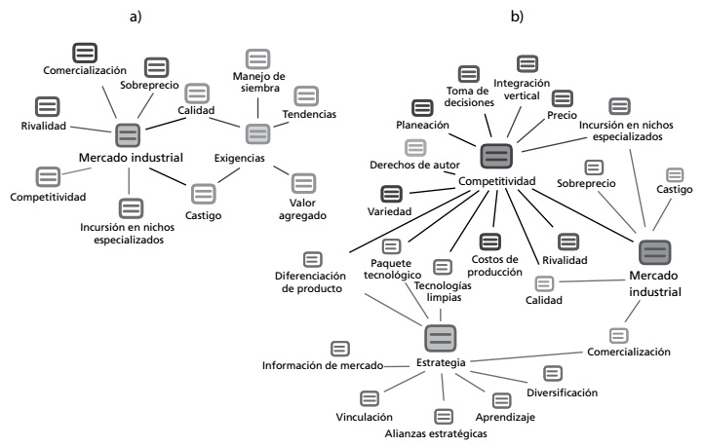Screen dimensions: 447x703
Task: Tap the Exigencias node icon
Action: click(x=258, y=134)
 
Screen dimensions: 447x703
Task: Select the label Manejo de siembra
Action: click(x=257, y=83)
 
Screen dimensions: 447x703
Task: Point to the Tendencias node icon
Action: click(x=306, y=95)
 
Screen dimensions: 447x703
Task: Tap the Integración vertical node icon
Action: click(x=527, y=64)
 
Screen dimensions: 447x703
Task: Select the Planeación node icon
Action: click(x=422, y=108)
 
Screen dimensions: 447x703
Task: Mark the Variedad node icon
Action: click(x=418, y=193)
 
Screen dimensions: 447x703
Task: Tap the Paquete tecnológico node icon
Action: click(x=391, y=246)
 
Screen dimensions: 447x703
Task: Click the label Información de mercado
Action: click(x=320, y=366)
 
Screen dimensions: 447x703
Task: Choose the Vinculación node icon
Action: click(x=369, y=397)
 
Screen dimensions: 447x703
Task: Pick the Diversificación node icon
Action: click(x=552, y=373)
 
